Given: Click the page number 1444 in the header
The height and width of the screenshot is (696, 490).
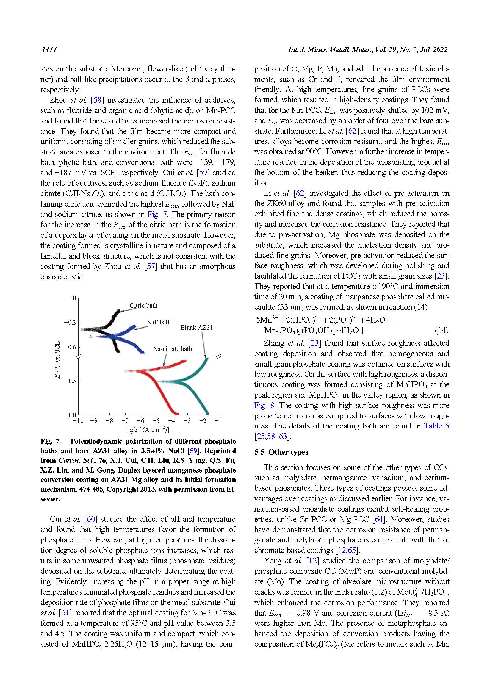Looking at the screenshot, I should point(49,50).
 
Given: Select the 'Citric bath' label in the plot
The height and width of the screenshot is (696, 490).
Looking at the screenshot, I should point(143,306).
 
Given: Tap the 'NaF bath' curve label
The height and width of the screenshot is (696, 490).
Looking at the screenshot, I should point(159,322).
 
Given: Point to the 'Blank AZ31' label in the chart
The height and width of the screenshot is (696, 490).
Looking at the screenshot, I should point(196,328).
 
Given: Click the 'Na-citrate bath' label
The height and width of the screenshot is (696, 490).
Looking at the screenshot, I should point(172,349).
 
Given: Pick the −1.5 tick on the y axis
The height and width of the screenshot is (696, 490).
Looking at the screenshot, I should point(70,381).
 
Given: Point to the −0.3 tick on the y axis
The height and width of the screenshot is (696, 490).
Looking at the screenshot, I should point(70,323).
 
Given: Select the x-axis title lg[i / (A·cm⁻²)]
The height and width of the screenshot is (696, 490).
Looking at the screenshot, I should point(148,430).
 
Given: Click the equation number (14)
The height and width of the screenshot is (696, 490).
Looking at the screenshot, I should point(441,330).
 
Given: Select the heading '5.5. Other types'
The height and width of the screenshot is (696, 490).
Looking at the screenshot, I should point(281,452).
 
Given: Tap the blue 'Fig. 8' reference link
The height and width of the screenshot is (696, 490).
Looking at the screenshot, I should point(264,405).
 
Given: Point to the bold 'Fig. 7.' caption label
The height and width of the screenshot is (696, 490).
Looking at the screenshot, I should point(51,441).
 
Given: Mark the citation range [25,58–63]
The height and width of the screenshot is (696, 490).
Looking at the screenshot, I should point(273,436).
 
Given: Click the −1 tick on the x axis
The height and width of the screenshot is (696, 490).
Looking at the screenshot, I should point(218,421).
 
